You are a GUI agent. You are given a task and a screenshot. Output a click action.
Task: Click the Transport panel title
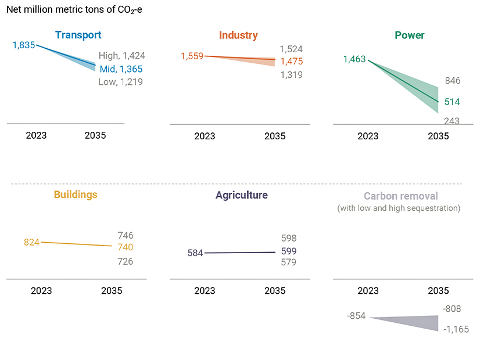tap(78, 35)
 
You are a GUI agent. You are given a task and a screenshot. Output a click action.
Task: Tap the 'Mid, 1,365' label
tap(121, 69)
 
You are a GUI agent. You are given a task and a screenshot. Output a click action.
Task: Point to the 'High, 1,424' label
tap(122, 56)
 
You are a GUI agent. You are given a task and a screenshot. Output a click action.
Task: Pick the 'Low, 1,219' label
tap(120, 82)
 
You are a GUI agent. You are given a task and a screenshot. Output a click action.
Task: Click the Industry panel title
tap(238, 35)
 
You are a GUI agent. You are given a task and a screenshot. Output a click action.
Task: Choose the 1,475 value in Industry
tap(291, 62)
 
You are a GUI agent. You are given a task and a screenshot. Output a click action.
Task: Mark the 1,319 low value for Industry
tap(291, 75)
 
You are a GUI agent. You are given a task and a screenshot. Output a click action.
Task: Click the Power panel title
tap(410, 35)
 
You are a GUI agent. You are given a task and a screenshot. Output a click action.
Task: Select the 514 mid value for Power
tap(452, 102)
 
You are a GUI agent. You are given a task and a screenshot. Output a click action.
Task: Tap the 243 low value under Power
tap(452, 121)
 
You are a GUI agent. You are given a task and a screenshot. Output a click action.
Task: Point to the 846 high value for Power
tap(452, 81)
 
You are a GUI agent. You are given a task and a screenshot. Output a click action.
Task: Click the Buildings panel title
tap(76, 195)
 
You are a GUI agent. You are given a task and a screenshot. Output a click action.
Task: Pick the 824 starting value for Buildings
tap(31, 242)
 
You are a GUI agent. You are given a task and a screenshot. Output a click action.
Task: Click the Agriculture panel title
tap(242, 195)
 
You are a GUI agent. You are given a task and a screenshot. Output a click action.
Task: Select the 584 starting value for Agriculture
tap(195, 253)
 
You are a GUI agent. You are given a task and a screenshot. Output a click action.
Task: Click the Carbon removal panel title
tap(401, 196)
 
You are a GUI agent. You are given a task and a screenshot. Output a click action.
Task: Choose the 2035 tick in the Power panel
tap(438, 136)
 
